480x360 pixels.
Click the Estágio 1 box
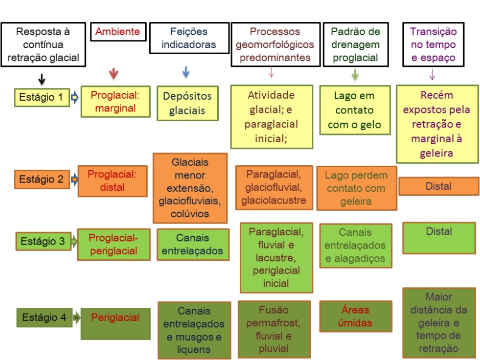coord(42,97)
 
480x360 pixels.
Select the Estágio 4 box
coord(44,318)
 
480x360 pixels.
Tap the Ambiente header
coord(118,32)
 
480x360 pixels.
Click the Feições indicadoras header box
coord(189,38)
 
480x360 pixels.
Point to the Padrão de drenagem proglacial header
coord(356,44)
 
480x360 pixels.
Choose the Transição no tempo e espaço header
coord(433,44)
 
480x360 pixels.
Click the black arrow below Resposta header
coord(42,79)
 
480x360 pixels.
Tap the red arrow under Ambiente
coord(113,74)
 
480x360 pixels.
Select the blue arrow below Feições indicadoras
coord(186,72)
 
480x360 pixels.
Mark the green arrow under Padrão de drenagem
coord(355,74)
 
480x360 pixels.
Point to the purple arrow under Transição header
coord(432,74)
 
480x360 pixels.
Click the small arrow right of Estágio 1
coord(75,98)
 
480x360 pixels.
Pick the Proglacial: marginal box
coord(116,102)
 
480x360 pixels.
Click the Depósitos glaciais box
coord(188,103)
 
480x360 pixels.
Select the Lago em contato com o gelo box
coord(355,110)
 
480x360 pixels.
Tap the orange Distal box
coord(439,186)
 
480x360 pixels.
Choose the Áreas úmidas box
coord(356,316)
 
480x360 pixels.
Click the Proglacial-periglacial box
coord(113,244)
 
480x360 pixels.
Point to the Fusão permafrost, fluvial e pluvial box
coord(274,329)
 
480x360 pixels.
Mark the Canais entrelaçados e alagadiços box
coord(356,245)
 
